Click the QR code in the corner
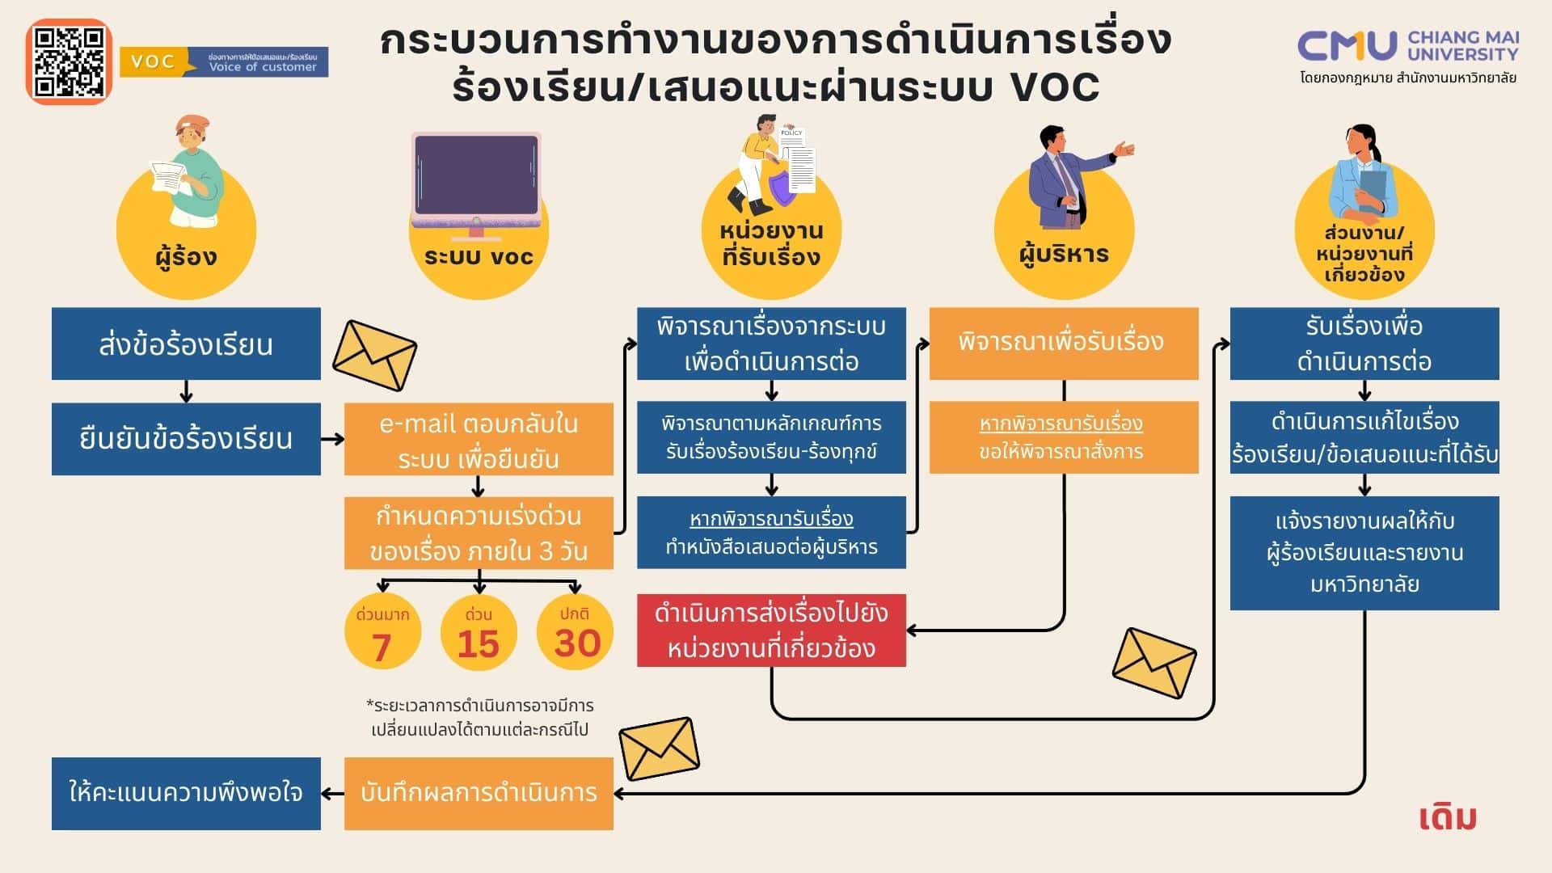point(69,62)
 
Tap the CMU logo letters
point(1347,46)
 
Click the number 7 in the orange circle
point(382,646)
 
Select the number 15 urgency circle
point(479,633)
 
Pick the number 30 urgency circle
point(576,633)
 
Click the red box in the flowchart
point(771,630)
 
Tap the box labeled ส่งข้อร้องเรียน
point(186,344)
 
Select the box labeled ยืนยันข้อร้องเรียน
point(186,439)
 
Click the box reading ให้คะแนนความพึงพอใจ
point(186,793)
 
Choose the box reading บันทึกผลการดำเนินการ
point(479,793)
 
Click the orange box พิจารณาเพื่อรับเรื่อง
point(1063,343)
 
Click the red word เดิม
point(1448,817)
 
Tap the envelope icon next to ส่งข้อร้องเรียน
point(374,355)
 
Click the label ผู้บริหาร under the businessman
point(1064,255)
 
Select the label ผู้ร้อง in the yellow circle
point(186,257)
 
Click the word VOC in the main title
point(1055,87)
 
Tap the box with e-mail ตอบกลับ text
point(479,441)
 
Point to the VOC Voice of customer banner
point(224,62)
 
